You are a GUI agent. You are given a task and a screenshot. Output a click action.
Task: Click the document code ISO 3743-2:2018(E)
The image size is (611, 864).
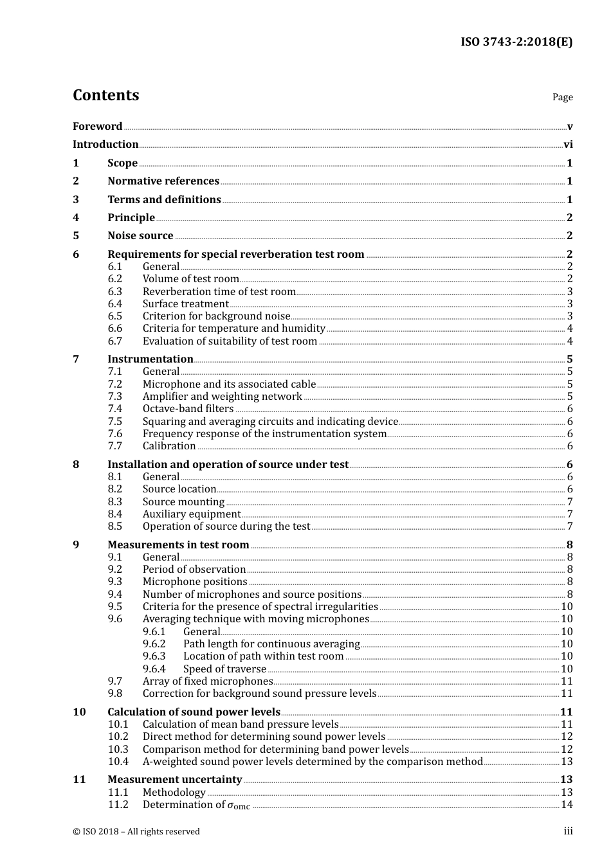coord(516,42)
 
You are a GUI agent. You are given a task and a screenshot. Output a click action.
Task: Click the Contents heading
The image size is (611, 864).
coord(105,95)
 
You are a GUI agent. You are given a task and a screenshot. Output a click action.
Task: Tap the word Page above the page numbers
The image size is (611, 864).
coord(562,97)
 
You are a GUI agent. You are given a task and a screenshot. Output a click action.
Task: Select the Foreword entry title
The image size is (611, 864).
coord(97,127)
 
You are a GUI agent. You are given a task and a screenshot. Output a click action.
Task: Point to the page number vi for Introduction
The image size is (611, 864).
coord(568,145)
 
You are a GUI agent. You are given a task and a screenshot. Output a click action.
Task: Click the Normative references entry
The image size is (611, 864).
coord(163,181)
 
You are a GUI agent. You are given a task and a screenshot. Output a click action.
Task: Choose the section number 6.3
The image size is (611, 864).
coord(114,292)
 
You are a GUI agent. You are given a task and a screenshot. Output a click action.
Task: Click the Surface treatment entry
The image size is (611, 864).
coord(185,304)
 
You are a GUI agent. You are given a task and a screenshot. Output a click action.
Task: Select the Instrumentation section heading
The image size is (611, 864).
coord(150,359)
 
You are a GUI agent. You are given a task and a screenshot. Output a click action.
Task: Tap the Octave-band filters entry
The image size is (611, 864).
coord(188,409)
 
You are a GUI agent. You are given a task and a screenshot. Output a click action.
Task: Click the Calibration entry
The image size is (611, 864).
coord(169,446)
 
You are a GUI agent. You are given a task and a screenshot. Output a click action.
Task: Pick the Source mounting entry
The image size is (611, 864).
coord(183,502)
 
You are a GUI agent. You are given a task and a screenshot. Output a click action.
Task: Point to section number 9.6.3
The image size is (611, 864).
coord(154,656)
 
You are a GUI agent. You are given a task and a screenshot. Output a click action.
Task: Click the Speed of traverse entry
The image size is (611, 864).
coord(224,669)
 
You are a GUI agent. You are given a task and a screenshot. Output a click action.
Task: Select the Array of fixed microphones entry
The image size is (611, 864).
coord(208,681)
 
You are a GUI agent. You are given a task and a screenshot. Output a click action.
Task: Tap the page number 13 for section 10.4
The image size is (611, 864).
coord(567,762)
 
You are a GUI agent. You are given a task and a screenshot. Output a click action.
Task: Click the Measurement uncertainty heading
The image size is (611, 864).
coord(174,780)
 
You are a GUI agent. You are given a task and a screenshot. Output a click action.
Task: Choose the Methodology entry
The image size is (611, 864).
coord(174,793)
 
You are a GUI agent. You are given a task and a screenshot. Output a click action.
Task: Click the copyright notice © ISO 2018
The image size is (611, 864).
coord(136,832)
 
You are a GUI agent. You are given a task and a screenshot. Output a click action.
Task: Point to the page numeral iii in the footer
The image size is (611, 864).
coord(568,831)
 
